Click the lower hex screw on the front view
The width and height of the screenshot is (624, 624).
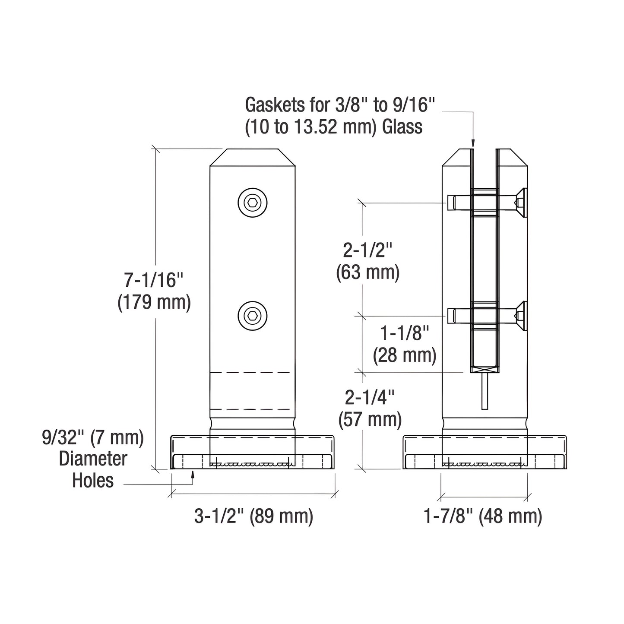(253, 316)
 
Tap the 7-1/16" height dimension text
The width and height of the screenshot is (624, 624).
(154, 281)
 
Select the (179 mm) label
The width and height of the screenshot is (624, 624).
(154, 302)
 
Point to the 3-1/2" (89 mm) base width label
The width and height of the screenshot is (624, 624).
(253, 516)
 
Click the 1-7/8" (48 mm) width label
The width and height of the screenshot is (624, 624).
(483, 516)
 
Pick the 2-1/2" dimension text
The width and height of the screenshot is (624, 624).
(367, 250)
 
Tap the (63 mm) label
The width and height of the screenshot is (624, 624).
(367, 272)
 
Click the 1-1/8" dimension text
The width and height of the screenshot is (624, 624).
(405, 333)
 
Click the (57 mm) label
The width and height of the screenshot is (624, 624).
(370, 419)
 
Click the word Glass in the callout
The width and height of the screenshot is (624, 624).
(402, 127)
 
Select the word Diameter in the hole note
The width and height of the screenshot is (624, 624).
(93, 459)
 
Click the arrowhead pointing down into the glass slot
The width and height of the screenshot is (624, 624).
(473, 143)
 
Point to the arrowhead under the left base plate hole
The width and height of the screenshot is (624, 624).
(193, 475)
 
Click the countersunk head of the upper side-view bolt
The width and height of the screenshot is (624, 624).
(522, 203)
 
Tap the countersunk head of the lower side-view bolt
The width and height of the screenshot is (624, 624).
(522, 316)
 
